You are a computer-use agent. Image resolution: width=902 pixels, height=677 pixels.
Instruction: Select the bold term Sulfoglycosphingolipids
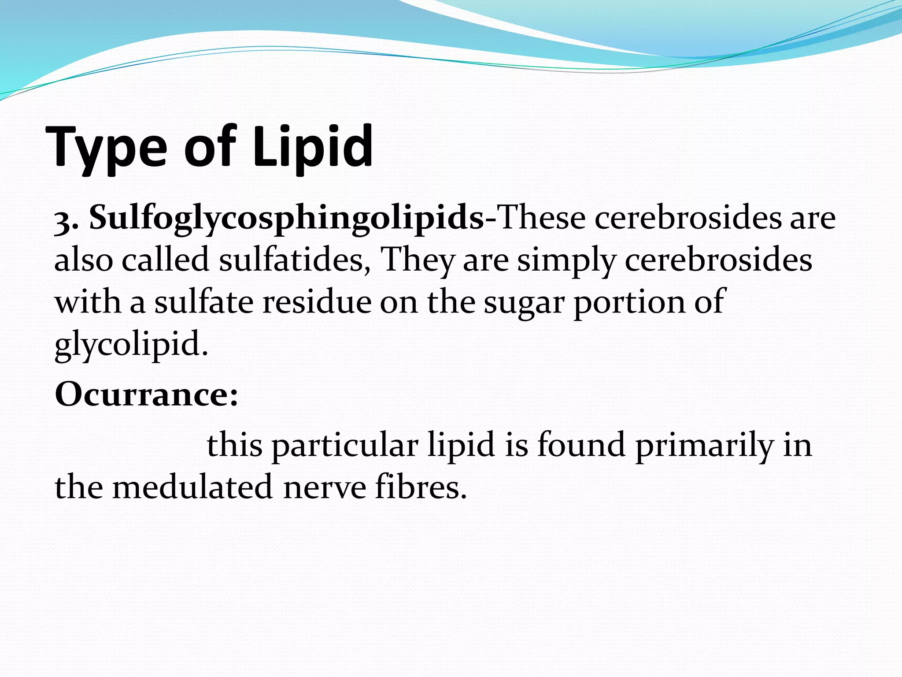point(287,219)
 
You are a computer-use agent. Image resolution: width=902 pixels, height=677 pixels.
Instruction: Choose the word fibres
point(421,487)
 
